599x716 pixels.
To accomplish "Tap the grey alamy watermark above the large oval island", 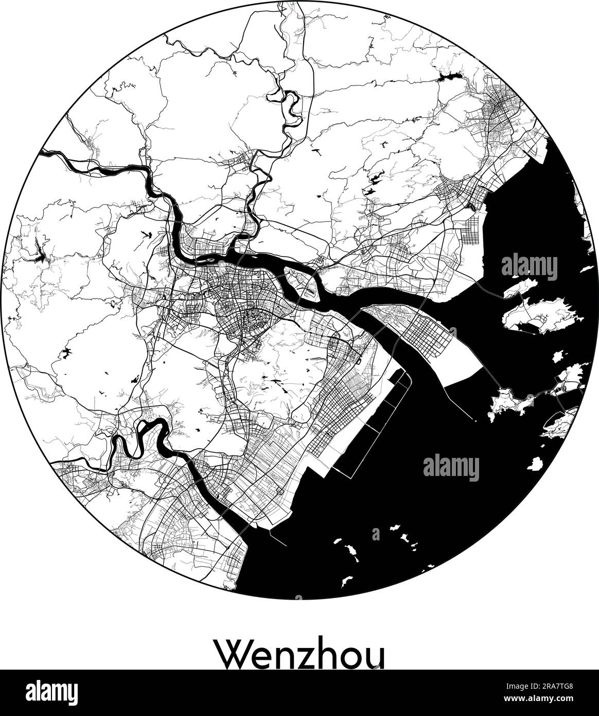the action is coord(529,267).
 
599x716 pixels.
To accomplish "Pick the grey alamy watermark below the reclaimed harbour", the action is coord(451,468).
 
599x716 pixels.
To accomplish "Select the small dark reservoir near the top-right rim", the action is coord(447,79).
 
